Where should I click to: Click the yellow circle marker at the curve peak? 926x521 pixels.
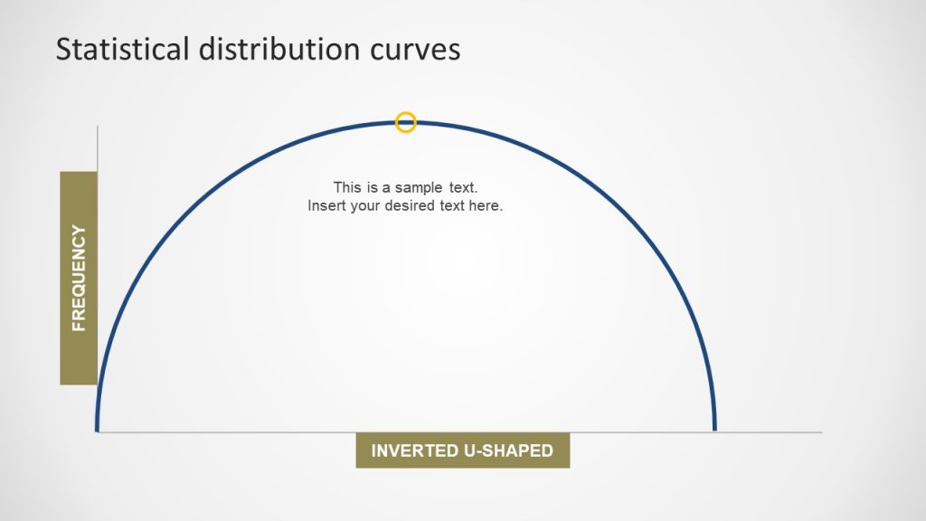[x=406, y=122]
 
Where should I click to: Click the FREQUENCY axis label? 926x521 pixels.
[x=79, y=278]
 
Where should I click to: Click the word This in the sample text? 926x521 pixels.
[x=347, y=187]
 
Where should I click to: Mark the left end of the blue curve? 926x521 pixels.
[x=97, y=429]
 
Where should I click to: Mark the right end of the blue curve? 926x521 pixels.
[x=714, y=429]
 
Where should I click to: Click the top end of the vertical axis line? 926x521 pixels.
[x=97, y=127]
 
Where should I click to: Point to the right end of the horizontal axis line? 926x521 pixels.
[x=821, y=432]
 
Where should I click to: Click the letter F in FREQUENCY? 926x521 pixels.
[x=79, y=325]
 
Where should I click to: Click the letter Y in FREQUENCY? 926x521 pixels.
[x=79, y=231]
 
